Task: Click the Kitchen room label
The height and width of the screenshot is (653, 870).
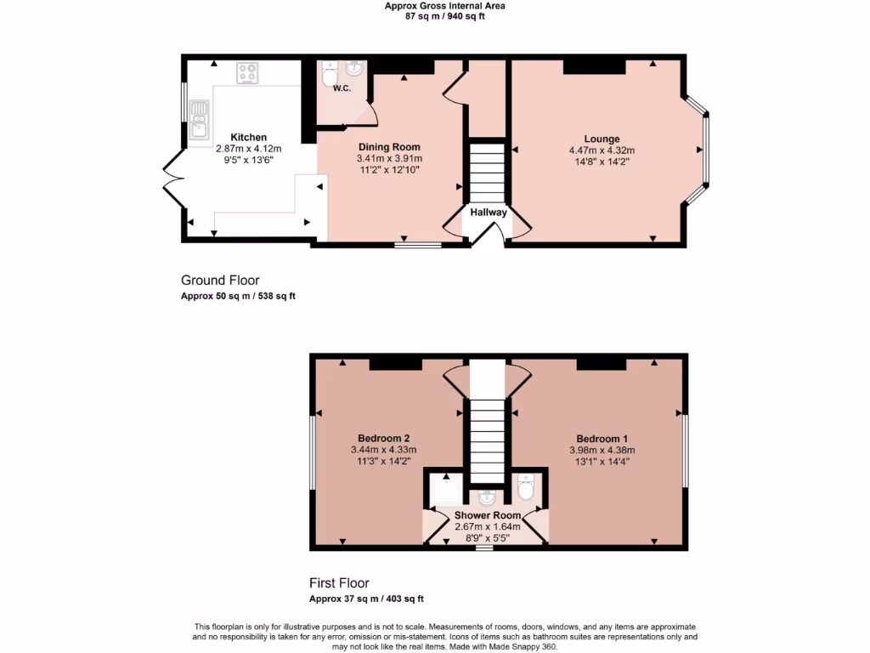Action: [x=249, y=137]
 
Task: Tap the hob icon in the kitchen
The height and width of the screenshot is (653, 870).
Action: [x=248, y=74]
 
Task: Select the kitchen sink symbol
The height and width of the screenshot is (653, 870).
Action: [x=200, y=118]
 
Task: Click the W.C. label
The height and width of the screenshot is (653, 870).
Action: [x=342, y=88]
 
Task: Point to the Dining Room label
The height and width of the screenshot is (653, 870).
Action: [x=389, y=147]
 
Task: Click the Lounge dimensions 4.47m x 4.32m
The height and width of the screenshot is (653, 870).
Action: [x=602, y=150]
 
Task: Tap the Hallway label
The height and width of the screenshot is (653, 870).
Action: [x=489, y=213]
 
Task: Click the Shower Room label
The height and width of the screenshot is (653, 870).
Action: [x=487, y=515]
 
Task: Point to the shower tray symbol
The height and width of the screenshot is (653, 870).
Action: [x=444, y=490]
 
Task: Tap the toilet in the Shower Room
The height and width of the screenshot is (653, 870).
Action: [x=525, y=486]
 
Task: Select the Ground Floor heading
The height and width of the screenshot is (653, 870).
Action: [x=220, y=280]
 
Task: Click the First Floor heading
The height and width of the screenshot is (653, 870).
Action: [x=339, y=583]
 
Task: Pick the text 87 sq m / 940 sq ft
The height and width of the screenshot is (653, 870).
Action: [x=444, y=15]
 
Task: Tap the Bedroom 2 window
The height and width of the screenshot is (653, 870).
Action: [x=312, y=451]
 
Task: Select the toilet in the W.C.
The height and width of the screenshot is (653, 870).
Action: [x=329, y=77]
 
